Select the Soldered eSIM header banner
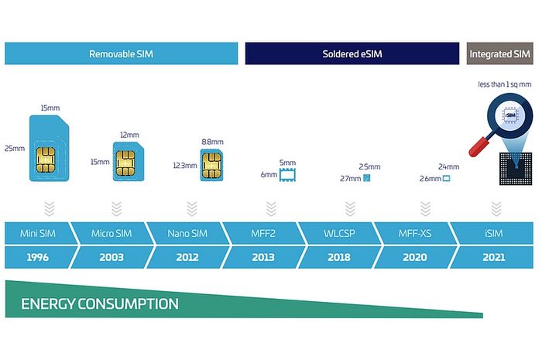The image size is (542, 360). coord(352,54)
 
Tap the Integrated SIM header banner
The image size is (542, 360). coord(500,54)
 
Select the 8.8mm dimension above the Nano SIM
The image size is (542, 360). coord(212,142)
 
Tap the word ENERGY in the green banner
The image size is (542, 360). coord(51,303)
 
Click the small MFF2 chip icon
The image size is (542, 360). coord(288,174)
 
